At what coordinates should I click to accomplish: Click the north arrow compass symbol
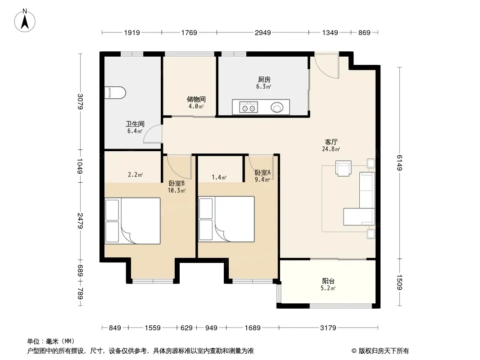tap(25, 21)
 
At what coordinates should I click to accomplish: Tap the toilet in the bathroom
tap(115, 93)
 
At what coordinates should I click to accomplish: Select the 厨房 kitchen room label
tap(264, 80)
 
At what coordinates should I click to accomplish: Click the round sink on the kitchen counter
tap(277, 108)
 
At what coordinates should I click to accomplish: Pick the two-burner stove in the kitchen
tap(248, 108)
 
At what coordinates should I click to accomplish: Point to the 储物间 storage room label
tap(196, 99)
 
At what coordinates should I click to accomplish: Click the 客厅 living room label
tap(331, 142)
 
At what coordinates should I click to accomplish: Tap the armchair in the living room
tap(344, 168)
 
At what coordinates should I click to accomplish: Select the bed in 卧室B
tap(132, 221)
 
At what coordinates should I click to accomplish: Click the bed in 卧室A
tap(226, 219)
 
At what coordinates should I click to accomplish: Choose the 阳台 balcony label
tap(328, 281)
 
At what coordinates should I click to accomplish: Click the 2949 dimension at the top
tap(263, 32)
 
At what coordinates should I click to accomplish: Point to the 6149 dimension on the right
tap(400, 163)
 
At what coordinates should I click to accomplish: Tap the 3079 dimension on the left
tap(80, 101)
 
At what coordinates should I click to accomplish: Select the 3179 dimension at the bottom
tap(328, 328)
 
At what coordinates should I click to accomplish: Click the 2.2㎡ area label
tap(135, 175)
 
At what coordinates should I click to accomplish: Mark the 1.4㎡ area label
tap(219, 177)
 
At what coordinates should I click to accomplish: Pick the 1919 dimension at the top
tap(132, 32)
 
